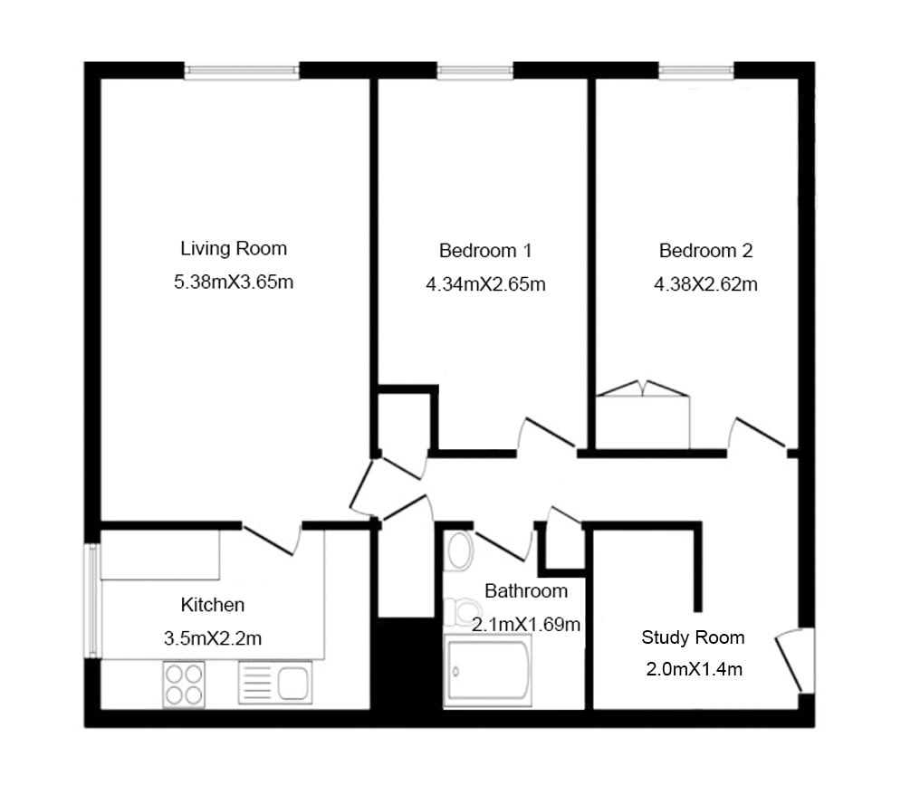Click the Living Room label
[x=234, y=249]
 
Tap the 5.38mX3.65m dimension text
[x=234, y=283]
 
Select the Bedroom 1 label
[x=485, y=251]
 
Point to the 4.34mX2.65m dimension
[x=485, y=284]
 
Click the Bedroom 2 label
[x=705, y=251]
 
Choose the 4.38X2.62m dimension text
[x=705, y=284]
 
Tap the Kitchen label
[x=213, y=605]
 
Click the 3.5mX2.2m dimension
[x=213, y=638]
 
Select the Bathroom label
[x=526, y=591]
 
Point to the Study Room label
[x=693, y=637]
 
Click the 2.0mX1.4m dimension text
[x=695, y=669]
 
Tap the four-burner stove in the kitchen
[x=184, y=685]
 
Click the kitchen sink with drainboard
[x=275, y=683]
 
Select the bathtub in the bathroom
[x=488, y=670]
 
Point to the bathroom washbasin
[x=459, y=551]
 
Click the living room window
[x=242, y=71]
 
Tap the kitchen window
[x=92, y=601]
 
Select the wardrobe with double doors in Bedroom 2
[x=643, y=416]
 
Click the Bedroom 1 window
[x=475, y=71]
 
